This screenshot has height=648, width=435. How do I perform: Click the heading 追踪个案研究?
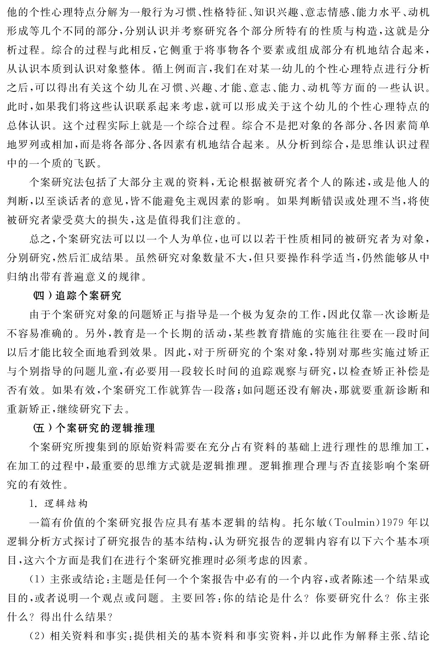tap(89, 296)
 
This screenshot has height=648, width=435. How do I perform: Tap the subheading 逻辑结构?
tap(66, 504)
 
